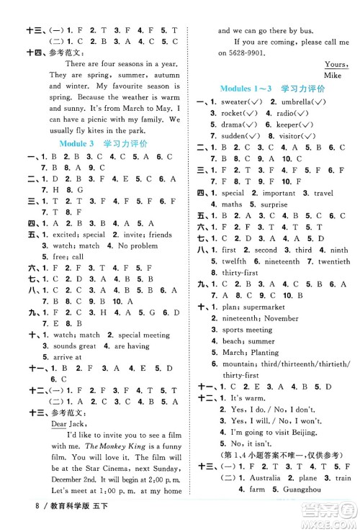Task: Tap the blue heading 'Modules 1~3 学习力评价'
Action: coord(272,88)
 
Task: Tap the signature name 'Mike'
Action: coord(332,75)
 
